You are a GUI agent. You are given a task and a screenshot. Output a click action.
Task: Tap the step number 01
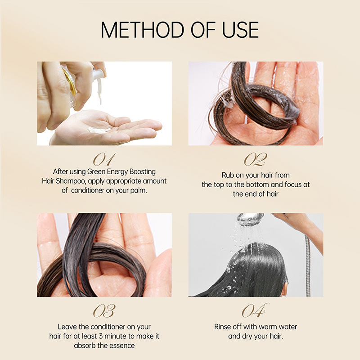(x=104, y=159)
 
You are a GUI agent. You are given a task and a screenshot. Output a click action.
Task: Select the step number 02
(x=256, y=159)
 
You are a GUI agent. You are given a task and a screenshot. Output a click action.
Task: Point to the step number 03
(x=104, y=311)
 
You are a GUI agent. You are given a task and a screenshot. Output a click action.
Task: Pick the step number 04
(x=255, y=310)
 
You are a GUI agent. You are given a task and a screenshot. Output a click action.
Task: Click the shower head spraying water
(x=251, y=219)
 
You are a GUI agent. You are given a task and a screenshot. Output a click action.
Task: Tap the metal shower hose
(x=308, y=266)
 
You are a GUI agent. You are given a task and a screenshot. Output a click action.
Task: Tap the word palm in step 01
(x=139, y=190)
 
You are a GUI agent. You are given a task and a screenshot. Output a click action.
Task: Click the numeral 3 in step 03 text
(x=101, y=336)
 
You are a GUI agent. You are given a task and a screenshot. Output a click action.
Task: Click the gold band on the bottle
(x=70, y=82)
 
